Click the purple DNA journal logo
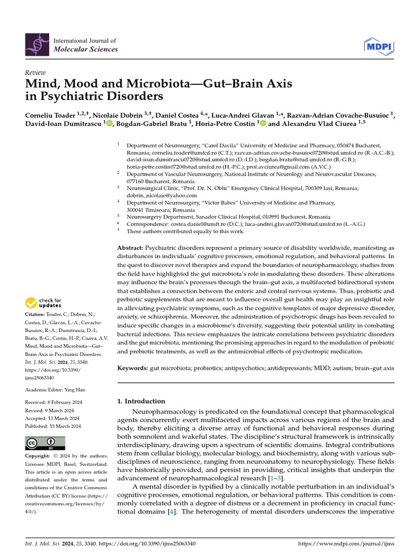(x=37, y=45)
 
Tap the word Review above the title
(x=35, y=73)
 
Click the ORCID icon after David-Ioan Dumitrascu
(x=110, y=125)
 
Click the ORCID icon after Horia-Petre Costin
(x=262, y=125)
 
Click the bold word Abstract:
(x=131, y=248)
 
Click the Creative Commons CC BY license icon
(x=45, y=443)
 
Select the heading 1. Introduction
(x=141, y=401)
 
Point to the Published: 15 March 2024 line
(x=53, y=426)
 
